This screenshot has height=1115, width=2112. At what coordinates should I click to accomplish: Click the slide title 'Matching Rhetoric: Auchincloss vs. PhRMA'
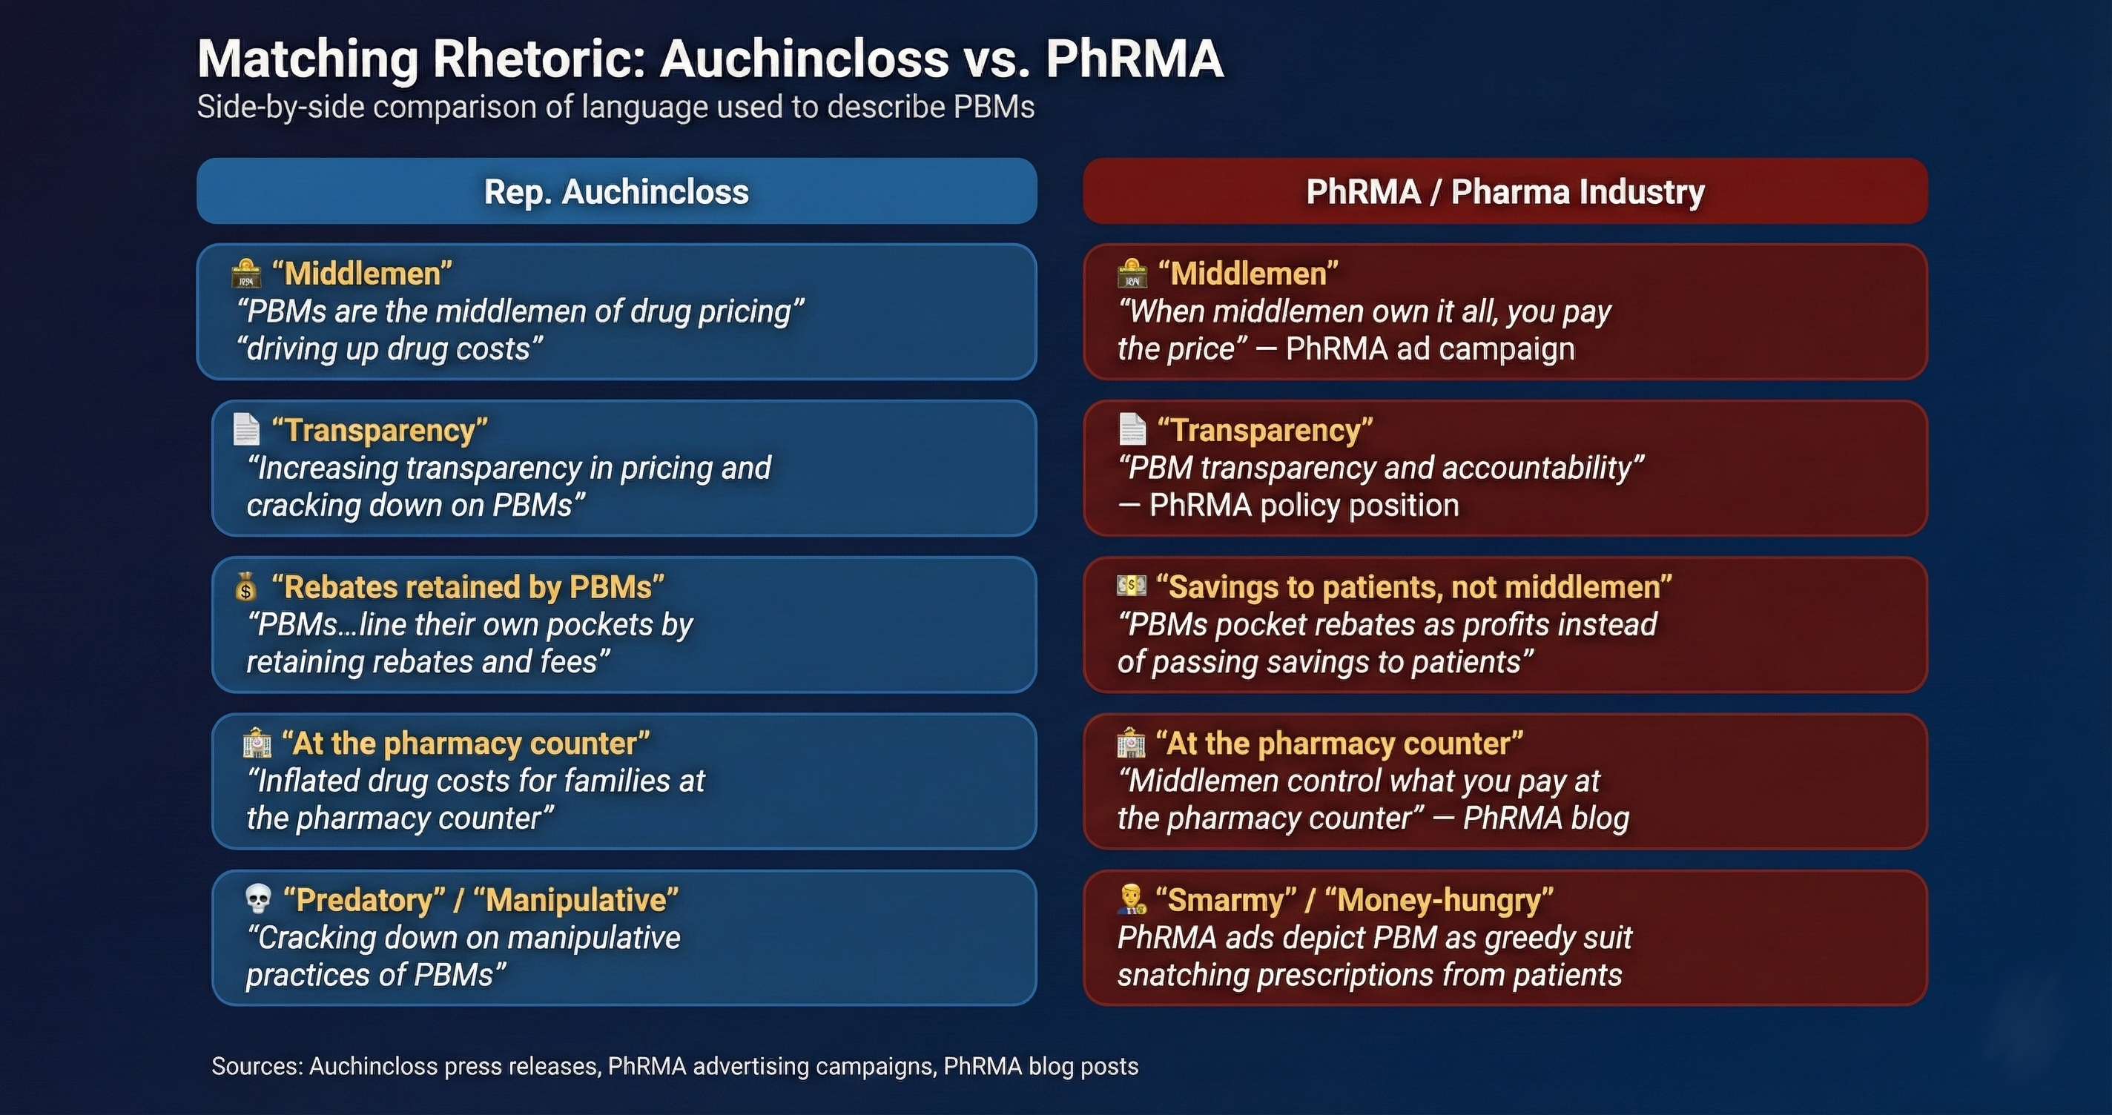(x=710, y=59)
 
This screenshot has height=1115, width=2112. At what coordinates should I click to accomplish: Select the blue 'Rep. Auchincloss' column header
(x=616, y=192)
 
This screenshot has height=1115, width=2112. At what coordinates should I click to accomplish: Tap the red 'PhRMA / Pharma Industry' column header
(x=1505, y=192)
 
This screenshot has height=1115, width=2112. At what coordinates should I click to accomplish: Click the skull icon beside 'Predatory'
(x=258, y=899)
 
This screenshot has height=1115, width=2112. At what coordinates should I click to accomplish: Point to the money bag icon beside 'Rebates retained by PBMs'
(x=246, y=587)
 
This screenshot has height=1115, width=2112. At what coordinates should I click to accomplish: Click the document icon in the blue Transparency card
(x=246, y=429)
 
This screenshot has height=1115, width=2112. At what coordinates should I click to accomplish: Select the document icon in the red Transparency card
(x=1132, y=429)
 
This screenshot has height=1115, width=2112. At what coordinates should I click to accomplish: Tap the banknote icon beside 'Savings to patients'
(x=1132, y=586)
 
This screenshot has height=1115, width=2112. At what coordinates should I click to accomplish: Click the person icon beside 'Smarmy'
(x=1132, y=899)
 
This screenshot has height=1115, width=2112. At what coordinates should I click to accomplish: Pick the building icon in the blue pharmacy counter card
(x=257, y=743)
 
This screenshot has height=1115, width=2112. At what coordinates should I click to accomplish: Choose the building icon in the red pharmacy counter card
(x=1132, y=743)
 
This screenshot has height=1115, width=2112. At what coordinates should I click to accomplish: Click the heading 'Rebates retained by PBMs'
(x=467, y=587)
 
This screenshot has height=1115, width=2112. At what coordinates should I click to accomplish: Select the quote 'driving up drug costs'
(x=390, y=349)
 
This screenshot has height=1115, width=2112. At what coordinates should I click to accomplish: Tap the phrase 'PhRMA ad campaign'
(x=1430, y=349)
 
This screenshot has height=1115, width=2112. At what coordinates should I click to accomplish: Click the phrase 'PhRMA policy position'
(x=1304, y=506)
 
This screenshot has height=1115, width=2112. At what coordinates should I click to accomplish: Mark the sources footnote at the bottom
(x=675, y=1066)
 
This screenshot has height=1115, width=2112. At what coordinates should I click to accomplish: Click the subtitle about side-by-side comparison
(x=616, y=107)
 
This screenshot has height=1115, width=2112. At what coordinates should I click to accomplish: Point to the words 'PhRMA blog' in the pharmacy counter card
(x=1545, y=818)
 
